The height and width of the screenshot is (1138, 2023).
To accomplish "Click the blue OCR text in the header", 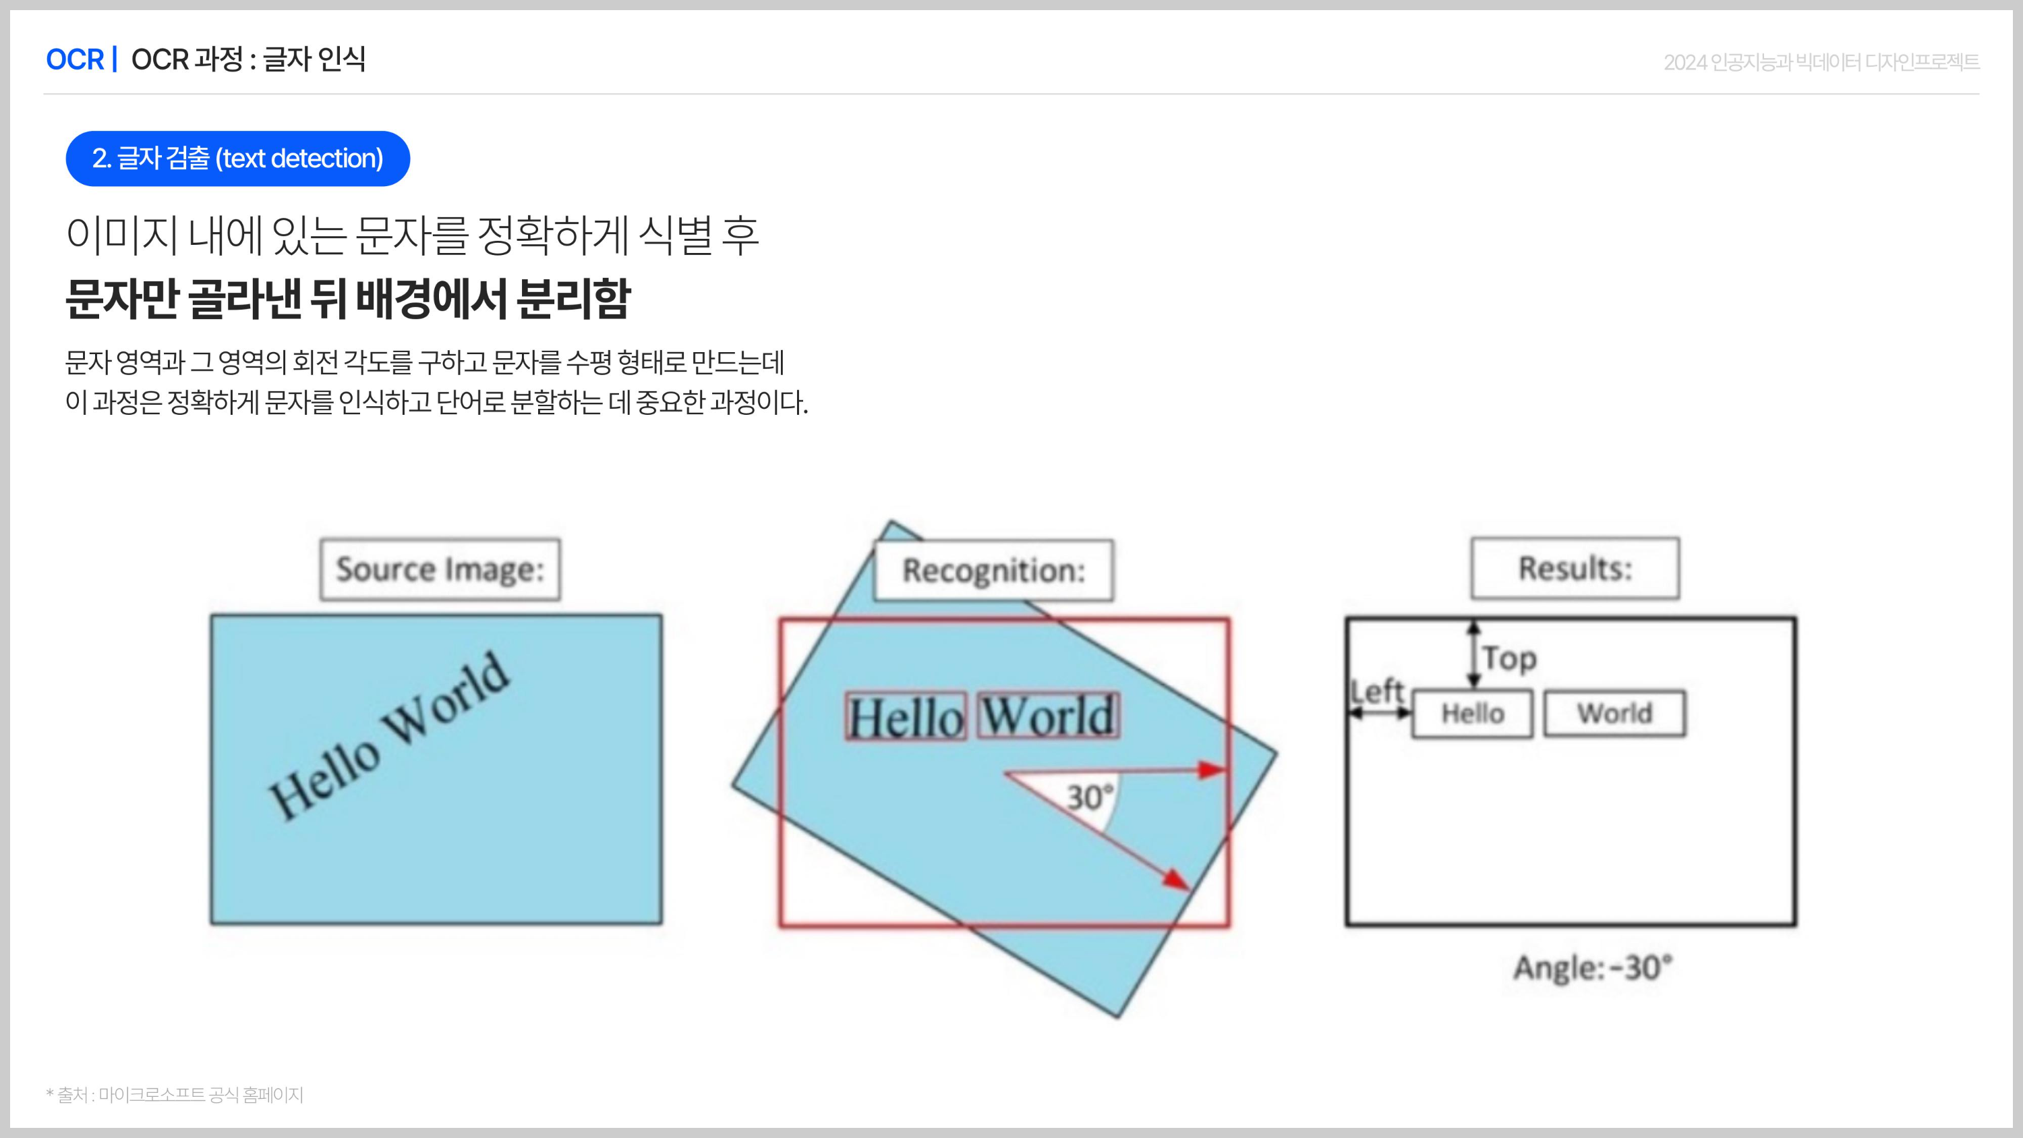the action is tap(75, 59).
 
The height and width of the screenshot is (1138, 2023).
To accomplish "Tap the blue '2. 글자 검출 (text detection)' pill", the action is tap(237, 159).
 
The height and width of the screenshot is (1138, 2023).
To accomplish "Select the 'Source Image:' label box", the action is tap(440, 569).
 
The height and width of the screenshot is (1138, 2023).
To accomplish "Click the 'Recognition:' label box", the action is tap(993, 571).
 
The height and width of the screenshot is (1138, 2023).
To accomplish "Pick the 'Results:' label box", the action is tap(1575, 569).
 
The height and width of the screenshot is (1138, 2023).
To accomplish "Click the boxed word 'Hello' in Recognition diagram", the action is tap(906, 716).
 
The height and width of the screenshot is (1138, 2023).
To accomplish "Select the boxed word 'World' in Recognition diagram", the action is tap(1049, 716).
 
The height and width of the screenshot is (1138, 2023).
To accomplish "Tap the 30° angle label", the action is tap(1089, 797).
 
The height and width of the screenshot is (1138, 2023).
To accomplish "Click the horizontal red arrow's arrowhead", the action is tap(1212, 770).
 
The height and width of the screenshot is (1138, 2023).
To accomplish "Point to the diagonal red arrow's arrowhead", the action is tap(1175, 880).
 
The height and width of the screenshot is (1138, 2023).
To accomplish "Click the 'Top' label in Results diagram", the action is tap(1509, 658).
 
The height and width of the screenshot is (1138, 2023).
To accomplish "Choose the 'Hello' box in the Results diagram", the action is tap(1473, 714).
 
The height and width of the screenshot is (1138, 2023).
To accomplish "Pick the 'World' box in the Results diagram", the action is tap(1614, 714).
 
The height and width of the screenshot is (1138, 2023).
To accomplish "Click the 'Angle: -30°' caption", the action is tap(1593, 967).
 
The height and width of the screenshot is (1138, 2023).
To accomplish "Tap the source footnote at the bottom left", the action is tap(175, 1095).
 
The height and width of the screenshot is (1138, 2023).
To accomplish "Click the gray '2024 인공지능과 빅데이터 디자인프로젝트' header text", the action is tap(1821, 62).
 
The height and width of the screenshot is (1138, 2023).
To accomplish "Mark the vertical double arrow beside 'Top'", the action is tap(1474, 654).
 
